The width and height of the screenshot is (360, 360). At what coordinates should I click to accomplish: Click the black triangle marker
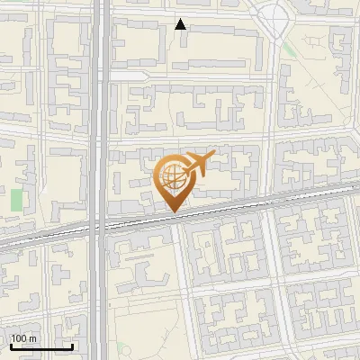tap(181, 24)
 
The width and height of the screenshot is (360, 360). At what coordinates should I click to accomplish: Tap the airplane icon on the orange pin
tap(197, 164)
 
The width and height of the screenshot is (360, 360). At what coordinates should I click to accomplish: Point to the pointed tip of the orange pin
tap(172, 211)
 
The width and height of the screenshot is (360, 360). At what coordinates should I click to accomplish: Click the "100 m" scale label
tap(23, 338)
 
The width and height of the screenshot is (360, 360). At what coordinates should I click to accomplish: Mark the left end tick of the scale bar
tap(11, 346)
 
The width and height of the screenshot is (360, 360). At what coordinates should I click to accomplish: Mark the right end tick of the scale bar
tap(73, 346)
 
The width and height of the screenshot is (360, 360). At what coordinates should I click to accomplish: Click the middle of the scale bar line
tap(41, 348)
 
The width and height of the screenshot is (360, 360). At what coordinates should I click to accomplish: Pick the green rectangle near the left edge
tap(17, 201)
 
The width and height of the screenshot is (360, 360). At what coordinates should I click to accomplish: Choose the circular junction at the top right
tap(274, 15)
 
